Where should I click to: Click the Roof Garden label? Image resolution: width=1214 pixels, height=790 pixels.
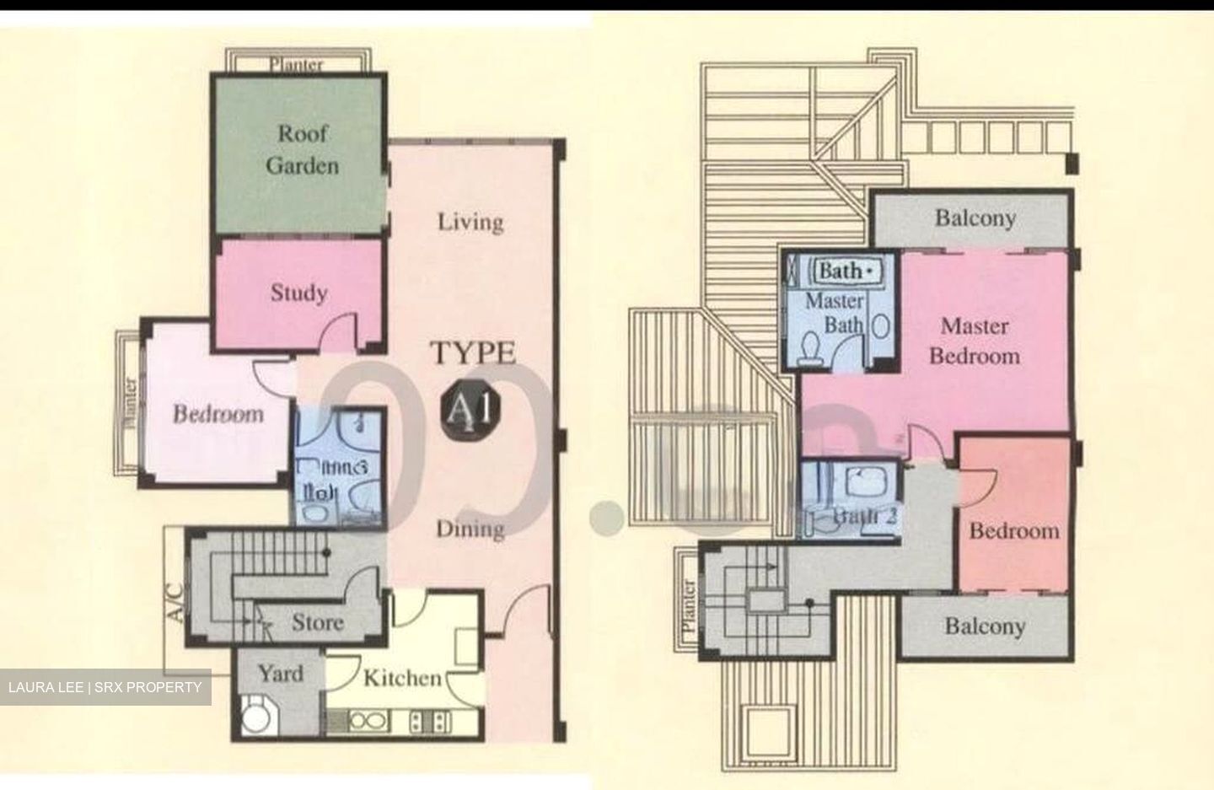coord(302,149)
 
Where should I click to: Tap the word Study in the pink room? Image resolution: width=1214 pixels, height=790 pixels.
coord(298,293)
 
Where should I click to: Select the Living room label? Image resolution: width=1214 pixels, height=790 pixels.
coord(470,222)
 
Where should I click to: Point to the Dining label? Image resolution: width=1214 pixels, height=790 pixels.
coord(470,529)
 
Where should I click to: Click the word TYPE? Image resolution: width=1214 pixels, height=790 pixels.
coord(474,353)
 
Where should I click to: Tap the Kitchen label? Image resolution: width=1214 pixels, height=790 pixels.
coord(402,678)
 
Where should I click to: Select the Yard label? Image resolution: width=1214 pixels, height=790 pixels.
coord(280,673)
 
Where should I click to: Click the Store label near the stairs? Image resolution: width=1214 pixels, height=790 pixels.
coord(317,622)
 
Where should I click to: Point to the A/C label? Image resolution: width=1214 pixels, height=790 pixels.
coord(175,603)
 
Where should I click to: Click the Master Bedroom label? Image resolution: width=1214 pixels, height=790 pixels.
coord(975,341)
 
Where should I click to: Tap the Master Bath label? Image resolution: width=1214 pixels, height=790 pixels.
coord(835,312)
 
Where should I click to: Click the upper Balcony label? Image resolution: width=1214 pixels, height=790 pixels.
coord(975,218)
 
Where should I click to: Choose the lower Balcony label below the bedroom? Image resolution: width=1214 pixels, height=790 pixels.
coord(984,626)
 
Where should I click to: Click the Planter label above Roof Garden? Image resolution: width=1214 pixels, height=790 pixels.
coord(296,64)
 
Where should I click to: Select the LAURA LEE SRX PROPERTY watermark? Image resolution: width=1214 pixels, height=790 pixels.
coord(105,687)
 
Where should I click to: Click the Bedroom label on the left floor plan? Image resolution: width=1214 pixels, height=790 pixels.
coord(218,414)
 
